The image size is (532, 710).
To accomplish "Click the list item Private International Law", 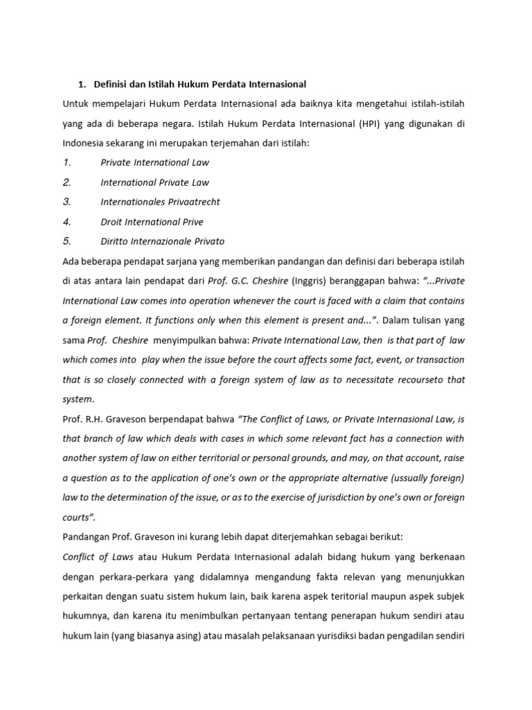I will coord(154,162).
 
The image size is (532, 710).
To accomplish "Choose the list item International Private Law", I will coord(154,182).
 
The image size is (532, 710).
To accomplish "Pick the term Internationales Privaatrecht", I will coord(160,202).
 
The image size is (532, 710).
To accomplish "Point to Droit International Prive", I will coord(152,222).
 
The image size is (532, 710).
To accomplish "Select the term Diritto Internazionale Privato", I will coord(162,241).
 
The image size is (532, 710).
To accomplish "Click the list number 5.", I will coord(66,241).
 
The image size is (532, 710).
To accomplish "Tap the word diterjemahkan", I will coord(319,537).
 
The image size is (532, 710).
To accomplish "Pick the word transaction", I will coord(436,360).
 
